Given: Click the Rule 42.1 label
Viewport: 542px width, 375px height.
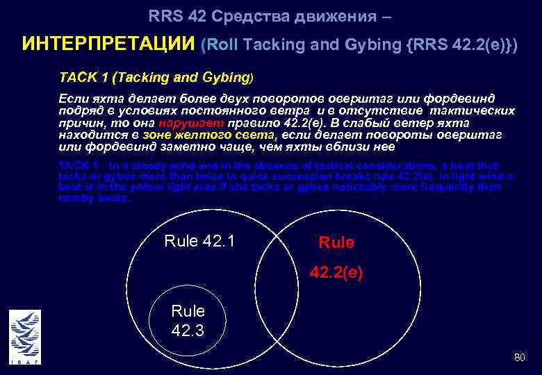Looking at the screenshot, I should (199, 241).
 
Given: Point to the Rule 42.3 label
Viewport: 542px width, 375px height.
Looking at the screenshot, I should (188, 320).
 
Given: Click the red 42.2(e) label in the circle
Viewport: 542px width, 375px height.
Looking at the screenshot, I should (336, 274).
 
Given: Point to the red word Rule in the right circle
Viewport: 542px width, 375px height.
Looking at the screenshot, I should (336, 242).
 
